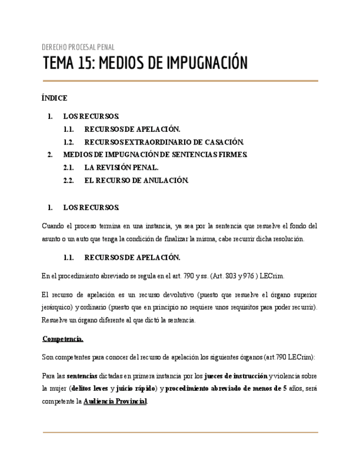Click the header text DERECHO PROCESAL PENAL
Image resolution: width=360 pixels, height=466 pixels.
(x=78, y=47)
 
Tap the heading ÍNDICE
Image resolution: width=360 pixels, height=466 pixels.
(x=54, y=98)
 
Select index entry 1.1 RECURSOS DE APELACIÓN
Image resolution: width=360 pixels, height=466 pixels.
(x=132, y=129)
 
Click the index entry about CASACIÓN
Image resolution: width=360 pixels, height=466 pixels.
(x=164, y=142)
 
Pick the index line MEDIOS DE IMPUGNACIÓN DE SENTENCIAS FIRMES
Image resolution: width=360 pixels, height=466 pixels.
(x=155, y=155)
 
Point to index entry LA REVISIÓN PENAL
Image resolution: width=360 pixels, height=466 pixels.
(x=121, y=168)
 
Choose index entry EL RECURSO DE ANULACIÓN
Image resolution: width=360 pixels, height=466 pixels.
(x=136, y=180)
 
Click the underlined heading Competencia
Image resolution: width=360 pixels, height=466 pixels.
(x=63, y=339)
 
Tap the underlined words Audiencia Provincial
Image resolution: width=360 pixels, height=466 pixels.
(x=115, y=402)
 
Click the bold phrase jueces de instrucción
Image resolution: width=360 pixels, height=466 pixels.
(x=236, y=376)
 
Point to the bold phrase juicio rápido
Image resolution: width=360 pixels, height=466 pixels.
(x=136, y=389)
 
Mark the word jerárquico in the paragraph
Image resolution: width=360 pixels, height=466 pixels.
(x=57, y=307)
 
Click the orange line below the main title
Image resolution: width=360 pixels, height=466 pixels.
(x=180, y=81)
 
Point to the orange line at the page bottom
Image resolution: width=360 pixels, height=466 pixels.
(x=180, y=432)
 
